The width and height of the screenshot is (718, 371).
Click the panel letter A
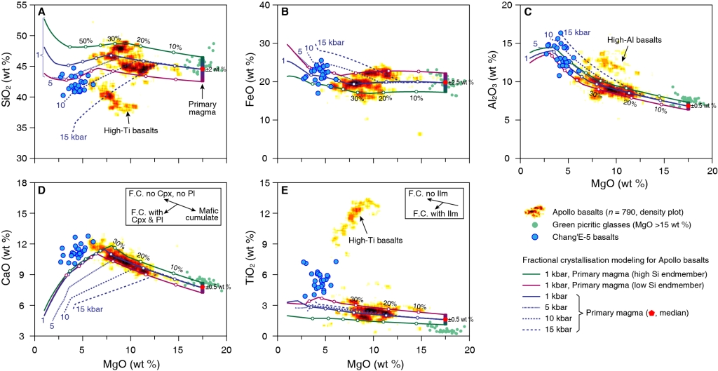coord(43,12)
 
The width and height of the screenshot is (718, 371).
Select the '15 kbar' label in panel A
coord(74,137)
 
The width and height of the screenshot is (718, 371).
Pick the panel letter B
coord(285,12)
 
